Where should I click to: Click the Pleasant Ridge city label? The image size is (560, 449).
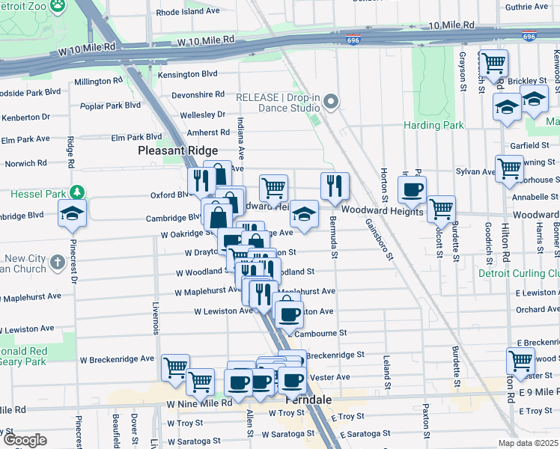pyautogui.click(x=177, y=150)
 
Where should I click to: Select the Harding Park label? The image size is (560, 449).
pyautogui.click(x=433, y=125)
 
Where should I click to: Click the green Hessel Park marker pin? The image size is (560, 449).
pyautogui.click(x=75, y=193)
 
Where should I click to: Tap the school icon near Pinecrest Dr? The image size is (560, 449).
pyautogui.click(x=73, y=213)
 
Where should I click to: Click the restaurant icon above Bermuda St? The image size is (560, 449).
pyautogui.click(x=335, y=186)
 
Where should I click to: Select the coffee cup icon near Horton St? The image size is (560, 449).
pyautogui.click(x=412, y=190)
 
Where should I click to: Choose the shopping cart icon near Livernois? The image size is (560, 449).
pyautogui.click(x=176, y=367)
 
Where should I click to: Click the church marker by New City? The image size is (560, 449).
pyautogui.click(x=58, y=263)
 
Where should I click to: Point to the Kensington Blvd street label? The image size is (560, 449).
pyautogui.click(x=188, y=74)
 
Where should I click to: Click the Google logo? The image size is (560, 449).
pyautogui.click(x=25, y=439)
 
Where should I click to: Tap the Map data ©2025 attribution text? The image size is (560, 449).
pyautogui.click(x=529, y=443)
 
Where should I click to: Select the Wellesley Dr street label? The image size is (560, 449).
pyautogui.click(x=202, y=114)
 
